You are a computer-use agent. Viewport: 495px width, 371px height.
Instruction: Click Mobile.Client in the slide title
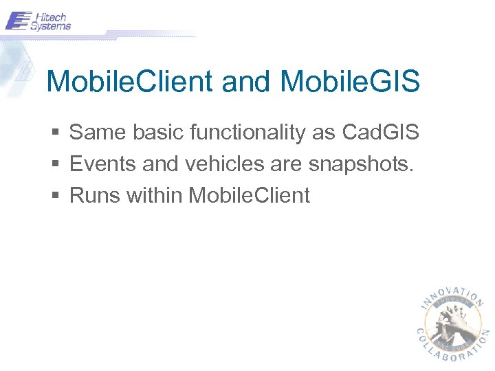click(129, 82)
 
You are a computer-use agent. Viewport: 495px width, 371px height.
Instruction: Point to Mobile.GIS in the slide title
click(350, 82)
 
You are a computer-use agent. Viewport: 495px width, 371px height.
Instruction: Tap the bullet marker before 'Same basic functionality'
click(56, 132)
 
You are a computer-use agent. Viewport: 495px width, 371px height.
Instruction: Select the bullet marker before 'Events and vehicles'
click(56, 164)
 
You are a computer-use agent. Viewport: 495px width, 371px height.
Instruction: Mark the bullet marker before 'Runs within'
click(56, 196)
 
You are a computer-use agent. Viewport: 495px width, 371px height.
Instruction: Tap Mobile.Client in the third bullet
click(249, 196)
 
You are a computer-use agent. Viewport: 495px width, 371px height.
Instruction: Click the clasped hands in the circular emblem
click(452, 319)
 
